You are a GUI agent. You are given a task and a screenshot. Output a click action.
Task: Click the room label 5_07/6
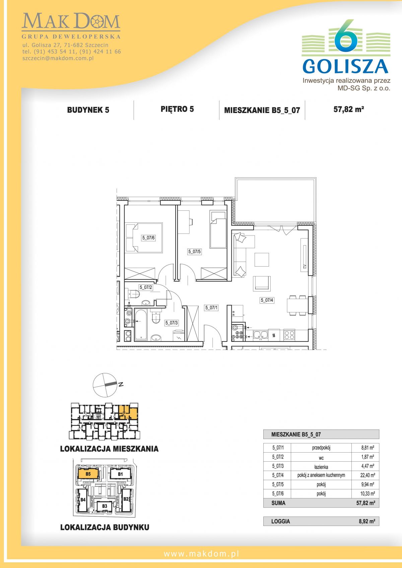click(x=148, y=238)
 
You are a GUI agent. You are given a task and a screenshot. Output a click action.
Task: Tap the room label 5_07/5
click(x=195, y=252)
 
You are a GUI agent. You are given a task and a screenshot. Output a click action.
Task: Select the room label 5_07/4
click(x=267, y=300)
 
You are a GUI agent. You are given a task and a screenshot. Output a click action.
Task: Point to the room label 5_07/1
click(x=211, y=308)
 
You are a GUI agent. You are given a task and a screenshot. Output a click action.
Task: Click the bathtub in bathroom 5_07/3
click(x=141, y=324)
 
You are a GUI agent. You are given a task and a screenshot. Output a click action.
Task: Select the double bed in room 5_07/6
click(x=144, y=238)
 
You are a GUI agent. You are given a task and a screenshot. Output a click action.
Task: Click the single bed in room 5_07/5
click(x=218, y=229)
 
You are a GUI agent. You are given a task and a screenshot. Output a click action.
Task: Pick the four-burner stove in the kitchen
click(x=289, y=335)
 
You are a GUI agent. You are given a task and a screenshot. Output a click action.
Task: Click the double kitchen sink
click(x=261, y=335)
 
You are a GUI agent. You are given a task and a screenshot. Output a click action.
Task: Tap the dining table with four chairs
click(x=296, y=305)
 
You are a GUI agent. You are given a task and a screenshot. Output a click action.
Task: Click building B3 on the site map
click(x=105, y=506)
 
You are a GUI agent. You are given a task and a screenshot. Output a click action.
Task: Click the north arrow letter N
click(x=121, y=384)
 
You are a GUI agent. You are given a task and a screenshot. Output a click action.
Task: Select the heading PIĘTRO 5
click(x=177, y=109)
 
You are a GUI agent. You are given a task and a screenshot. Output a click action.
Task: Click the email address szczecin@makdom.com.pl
click(x=58, y=58)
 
